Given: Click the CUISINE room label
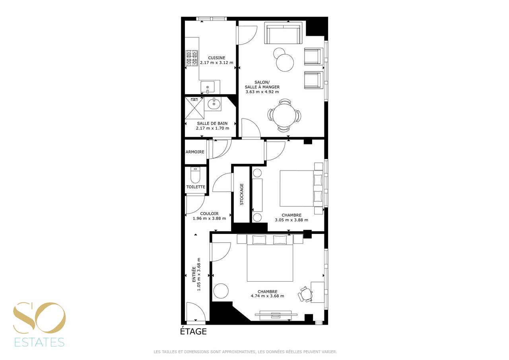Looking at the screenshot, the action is (x=217, y=58).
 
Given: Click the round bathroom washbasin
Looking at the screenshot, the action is (x=214, y=104).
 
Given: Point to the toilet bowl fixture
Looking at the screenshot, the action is (x=195, y=175).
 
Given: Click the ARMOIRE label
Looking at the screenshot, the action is (x=195, y=152).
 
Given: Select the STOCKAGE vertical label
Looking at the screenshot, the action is (x=242, y=194).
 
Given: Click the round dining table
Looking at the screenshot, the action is (x=284, y=115).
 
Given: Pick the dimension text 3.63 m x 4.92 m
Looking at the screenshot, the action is (x=262, y=92).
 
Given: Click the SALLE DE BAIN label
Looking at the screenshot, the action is (x=212, y=123).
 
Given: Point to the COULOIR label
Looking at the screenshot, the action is (x=209, y=214).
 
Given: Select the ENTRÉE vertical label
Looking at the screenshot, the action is (x=194, y=274).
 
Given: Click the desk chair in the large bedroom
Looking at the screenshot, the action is (x=305, y=294).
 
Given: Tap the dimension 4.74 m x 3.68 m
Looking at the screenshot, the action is (x=268, y=296).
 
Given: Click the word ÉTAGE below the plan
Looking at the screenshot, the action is (x=193, y=331).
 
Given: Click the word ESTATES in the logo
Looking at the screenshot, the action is (x=39, y=342).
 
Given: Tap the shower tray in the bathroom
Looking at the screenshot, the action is (x=194, y=108).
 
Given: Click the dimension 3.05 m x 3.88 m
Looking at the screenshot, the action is (x=291, y=220).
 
